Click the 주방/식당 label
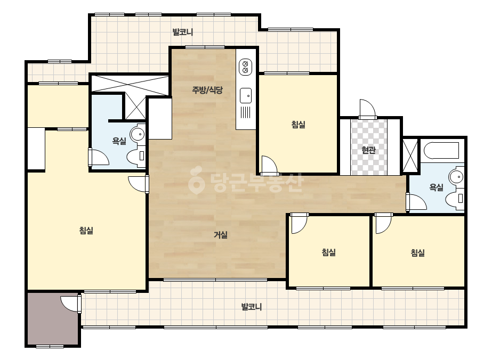(207, 91)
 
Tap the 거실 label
(221, 234)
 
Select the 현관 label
(368, 150)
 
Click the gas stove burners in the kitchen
(245, 67)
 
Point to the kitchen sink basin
(246, 95)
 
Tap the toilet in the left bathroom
(136, 156)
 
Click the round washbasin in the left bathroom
(138, 134)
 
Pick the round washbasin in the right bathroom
(456, 177)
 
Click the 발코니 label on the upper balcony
(183, 32)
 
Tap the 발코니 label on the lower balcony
(252, 307)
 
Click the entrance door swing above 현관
(367, 109)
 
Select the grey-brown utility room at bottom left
(52, 318)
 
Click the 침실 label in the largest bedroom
(86, 231)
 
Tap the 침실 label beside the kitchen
(298, 125)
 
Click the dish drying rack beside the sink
(246, 112)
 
